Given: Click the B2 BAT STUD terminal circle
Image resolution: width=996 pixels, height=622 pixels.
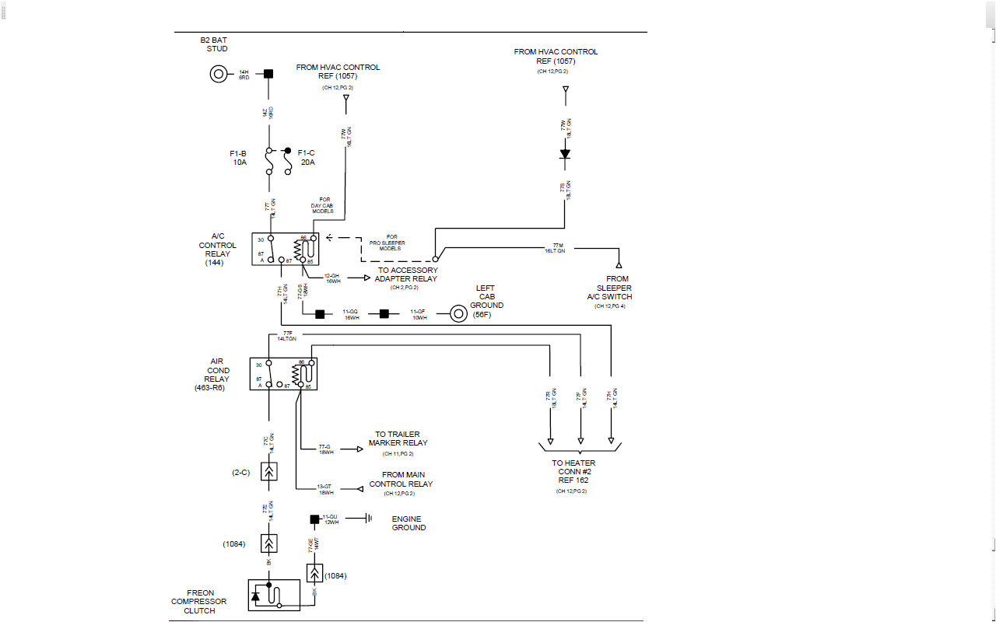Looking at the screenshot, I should [219, 74].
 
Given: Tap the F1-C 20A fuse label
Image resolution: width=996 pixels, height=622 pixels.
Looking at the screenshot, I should [307, 158].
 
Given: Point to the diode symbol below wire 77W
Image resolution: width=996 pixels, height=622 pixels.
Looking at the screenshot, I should [566, 154].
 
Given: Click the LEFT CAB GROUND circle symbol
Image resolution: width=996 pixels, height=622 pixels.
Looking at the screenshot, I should [458, 314].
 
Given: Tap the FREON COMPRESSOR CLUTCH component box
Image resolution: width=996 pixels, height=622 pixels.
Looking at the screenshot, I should [273, 596].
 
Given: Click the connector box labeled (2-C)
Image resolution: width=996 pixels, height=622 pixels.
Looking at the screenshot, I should [269, 472].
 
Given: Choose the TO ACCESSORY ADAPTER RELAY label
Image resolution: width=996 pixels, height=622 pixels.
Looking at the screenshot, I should [407, 274].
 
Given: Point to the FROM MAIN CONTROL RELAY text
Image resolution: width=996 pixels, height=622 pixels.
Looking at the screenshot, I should [401, 479].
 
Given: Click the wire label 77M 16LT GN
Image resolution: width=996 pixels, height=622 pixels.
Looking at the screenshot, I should [555, 249].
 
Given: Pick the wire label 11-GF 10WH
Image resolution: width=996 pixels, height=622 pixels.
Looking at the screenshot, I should [419, 314].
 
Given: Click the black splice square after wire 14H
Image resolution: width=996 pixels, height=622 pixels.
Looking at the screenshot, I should [268, 74].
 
